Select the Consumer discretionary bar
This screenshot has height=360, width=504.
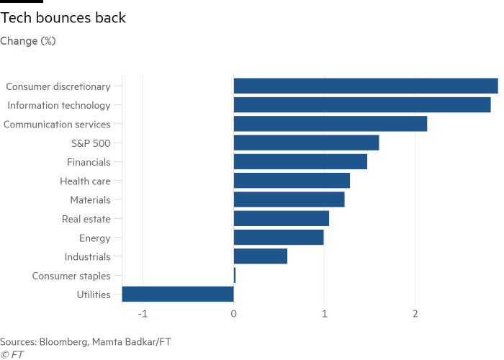pyautogui.click(x=366, y=86)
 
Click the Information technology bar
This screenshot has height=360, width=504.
pyautogui.click(x=362, y=105)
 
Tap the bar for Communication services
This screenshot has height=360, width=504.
pyautogui.click(x=330, y=124)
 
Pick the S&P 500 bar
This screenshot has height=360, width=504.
pyautogui.click(x=306, y=143)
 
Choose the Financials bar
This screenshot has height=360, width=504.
pyautogui.click(x=300, y=162)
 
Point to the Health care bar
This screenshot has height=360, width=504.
pyautogui.click(x=292, y=181)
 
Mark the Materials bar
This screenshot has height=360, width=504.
pyautogui.click(x=289, y=199)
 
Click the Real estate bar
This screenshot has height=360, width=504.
pyautogui.click(x=282, y=218)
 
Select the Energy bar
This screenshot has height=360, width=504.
pyautogui.click(x=279, y=238)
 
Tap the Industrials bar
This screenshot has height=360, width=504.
pyautogui.click(x=261, y=256)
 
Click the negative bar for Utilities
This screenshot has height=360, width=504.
pyautogui.click(x=178, y=294)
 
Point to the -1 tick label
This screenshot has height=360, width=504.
pyautogui.click(x=143, y=314)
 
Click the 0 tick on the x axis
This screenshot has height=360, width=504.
pyautogui.click(x=233, y=314)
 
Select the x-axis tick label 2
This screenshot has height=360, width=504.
pyautogui.click(x=415, y=314)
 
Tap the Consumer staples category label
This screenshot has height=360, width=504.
pyautogui.click(x=71, y=276)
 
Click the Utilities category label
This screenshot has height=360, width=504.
pyautogui.click(x=94, y=294)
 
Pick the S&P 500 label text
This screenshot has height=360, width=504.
pyautogui.click(x=91, y=143)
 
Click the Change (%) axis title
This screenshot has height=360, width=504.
pyautogui.click(x=28, y=41)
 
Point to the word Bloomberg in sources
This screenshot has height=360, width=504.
pyautogui.click(x=60, y=341)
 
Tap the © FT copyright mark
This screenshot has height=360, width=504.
pyautogui.click(x=9, y=354)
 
